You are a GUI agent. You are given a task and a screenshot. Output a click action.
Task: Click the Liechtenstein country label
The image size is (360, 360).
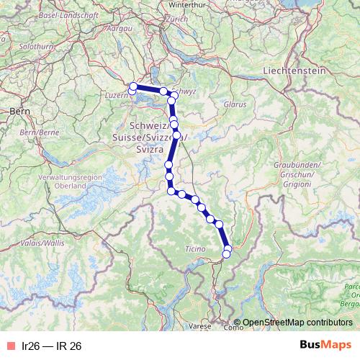point(295,71)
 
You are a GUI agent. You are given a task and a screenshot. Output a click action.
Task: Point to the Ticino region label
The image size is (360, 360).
point(195,248)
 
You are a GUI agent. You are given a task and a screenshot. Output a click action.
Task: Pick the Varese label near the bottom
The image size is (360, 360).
point(202,325)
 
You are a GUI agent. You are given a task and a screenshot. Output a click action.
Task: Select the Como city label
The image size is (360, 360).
point(233,328)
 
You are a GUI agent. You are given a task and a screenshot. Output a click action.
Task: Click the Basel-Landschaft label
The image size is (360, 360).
point(50,14)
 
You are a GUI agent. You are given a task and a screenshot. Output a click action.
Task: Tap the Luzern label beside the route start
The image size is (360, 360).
point(117,95)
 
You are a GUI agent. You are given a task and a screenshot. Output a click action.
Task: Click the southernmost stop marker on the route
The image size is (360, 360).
point(226,253)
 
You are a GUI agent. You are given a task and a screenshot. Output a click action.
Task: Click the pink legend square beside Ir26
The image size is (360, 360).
point(10,346)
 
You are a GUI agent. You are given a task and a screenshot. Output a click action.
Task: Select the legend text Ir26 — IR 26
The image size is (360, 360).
point(52,346)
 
